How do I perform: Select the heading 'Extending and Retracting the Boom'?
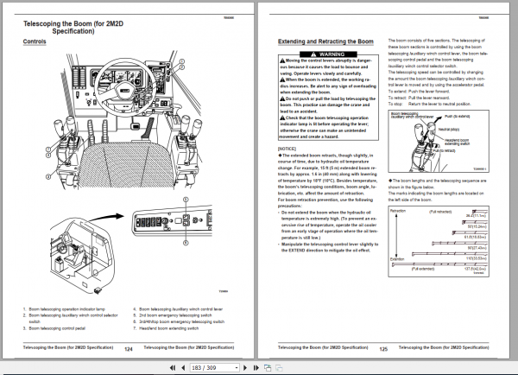pos(321,41)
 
